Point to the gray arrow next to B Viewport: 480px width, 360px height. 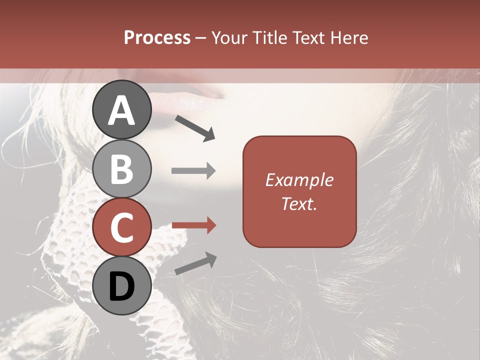click(x=193, y=171)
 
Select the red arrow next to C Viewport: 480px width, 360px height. click(x=193, y=226)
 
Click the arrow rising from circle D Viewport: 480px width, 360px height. click(x=195, y=263)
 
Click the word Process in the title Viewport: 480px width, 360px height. click(x=157, y=38)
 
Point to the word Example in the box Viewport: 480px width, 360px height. click(x=299, y=180)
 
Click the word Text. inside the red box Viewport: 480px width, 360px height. click(x=299, y=203)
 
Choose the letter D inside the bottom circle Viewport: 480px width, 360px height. click(x=122, y=287)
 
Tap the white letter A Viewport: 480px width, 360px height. click(x=122, y=110)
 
